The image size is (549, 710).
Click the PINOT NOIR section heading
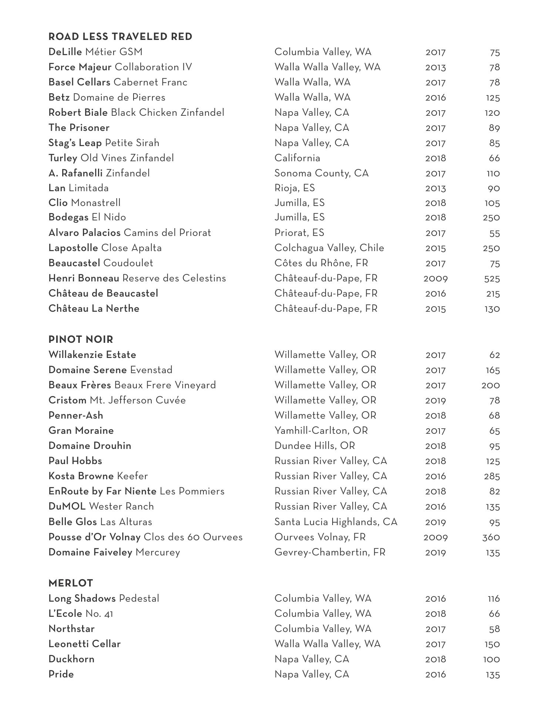pos(81,339)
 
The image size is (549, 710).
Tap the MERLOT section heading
pos(71,583)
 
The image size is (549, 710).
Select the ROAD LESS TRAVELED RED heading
pos(120,37)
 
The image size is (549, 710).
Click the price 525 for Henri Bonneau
pos(492,279)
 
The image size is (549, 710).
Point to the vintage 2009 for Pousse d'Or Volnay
pos(435,537)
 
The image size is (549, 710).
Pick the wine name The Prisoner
pos(79,128)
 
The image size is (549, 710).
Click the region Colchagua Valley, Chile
pos(329,248)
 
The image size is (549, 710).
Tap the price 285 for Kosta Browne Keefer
pos(492,476)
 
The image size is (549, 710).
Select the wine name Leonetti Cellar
pos(84,644)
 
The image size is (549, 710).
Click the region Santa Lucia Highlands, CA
pos(336,522)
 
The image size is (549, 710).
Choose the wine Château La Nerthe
pos(94,309)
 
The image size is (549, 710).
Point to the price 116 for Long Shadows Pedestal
pos(494,599)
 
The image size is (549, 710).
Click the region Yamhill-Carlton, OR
pos(321,431)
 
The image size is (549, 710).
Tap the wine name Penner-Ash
pos(75,416)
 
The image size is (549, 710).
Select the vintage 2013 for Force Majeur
pos(435,68)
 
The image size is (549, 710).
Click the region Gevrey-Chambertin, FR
pos(330,552)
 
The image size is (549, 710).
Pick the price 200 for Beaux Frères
pos(491,385)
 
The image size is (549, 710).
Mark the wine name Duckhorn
pos(71,659)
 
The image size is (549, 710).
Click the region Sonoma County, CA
pos(321,173)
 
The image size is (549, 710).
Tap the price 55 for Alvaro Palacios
pos(494,233)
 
